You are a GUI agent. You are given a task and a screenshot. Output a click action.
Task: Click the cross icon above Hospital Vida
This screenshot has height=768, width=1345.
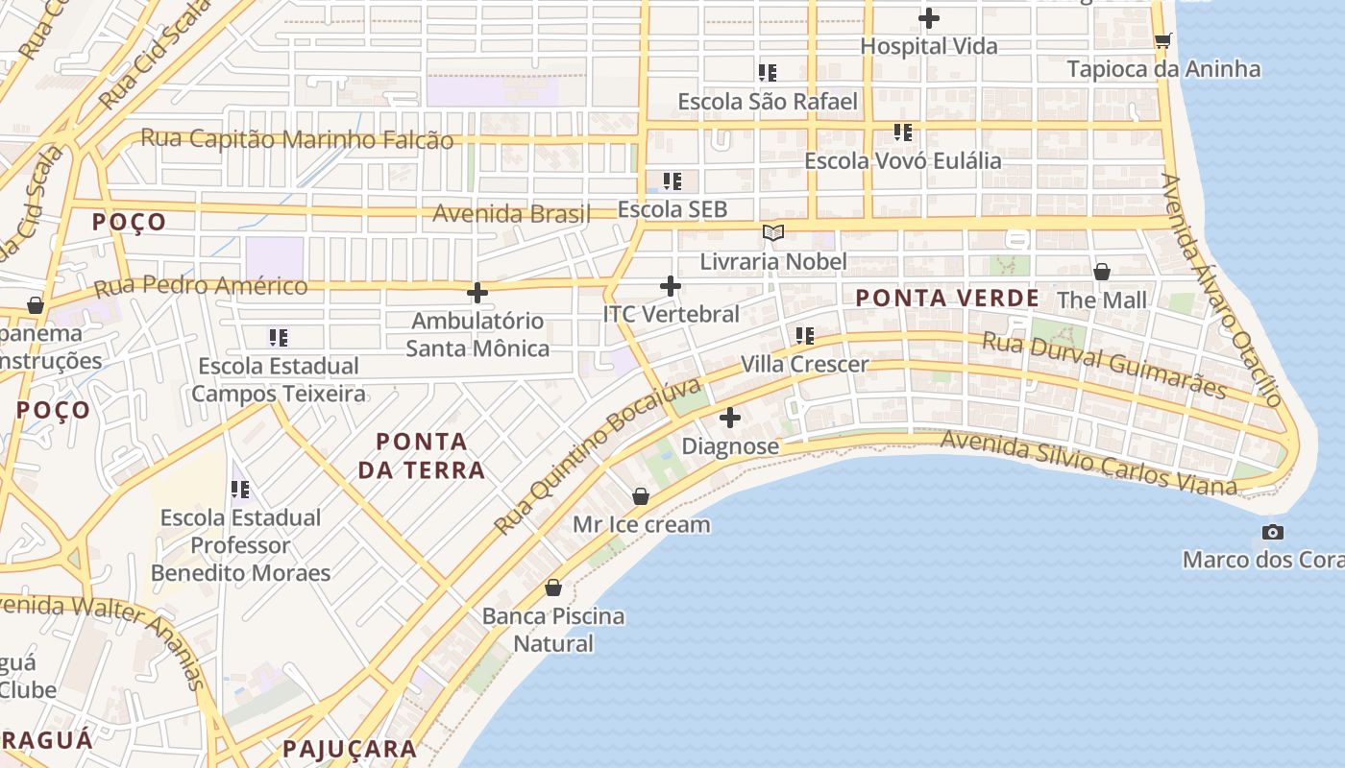pyautogui.click(x=928, y=18)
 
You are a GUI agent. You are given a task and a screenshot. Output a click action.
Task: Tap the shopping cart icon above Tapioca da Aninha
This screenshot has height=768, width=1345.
pyautogui.click(x=1162, y=40)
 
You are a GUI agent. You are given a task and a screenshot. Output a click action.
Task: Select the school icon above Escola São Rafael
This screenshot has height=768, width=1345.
pyautogui.click(x=767, y=72)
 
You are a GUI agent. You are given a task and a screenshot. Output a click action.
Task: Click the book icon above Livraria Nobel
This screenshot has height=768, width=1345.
pyautogui.click(x=772, y=232)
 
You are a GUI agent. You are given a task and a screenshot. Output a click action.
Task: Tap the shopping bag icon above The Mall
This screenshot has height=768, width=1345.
pyautogui.click(x=1102, y=272)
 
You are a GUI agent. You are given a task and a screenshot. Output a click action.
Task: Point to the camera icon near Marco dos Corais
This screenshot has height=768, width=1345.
pyautogui.click(x=1272, y=532)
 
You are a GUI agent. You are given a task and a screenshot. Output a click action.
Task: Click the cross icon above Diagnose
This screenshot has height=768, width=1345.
pyautogui.click(x=730, y=418)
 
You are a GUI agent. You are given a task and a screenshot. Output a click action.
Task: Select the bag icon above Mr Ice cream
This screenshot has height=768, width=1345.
pyautogui.click(x=641, y=496)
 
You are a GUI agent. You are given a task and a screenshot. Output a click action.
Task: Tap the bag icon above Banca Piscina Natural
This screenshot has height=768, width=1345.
pyautogui.click(x=553, y=588)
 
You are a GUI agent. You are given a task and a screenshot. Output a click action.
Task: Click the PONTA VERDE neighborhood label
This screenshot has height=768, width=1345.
pyautogui.click(x=947, y=299)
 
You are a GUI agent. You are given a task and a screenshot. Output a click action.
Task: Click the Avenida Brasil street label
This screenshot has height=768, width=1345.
pyautogui.click(x=511, y=213)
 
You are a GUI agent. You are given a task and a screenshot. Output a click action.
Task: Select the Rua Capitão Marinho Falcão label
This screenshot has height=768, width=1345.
pyautogui.click(x=297, y=139)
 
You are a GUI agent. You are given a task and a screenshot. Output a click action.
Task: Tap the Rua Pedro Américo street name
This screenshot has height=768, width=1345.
pyautogui.click(x=201, y=286)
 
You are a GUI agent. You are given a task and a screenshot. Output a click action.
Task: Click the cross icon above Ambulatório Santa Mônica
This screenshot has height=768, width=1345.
pyautogui.click(x=477, y=293)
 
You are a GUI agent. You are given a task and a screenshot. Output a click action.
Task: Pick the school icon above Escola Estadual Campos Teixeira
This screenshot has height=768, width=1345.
pyautogui.click(x=279, y=337)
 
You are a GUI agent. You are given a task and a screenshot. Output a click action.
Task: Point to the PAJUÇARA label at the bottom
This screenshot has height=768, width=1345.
pyautogui.click(x=350, y=749)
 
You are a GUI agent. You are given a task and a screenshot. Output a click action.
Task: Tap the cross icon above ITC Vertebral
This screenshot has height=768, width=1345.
pyautogui.click(x=671, y=286)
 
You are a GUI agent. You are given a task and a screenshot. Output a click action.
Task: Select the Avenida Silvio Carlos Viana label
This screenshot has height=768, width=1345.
pyautogui.click(x=1088, y=464)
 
